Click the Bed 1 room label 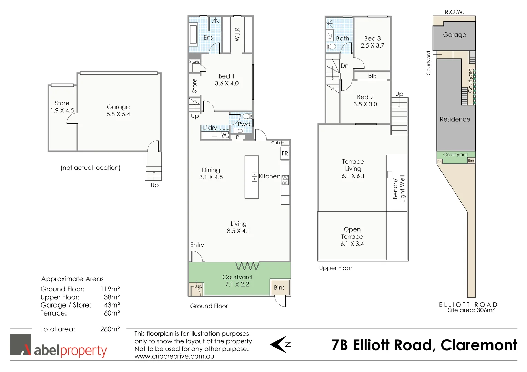[x=226, y=76]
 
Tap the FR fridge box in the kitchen [x=285, y=153]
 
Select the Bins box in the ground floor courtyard [x=279, y=287]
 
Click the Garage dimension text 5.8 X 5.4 [x=118, y=114]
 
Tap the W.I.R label [x=237, y=34]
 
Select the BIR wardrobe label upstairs [x=372, y=76]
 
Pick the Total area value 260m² [x=110, y=329]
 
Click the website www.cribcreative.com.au [x=174, y=356]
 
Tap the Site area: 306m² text [x=471, y=310]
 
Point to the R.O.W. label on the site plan [x=454, y=12]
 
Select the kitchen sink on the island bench [x=254, y=177]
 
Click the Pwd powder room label [x=244, y=124]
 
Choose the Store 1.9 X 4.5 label [x=62, y=107]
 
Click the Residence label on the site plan [x=455, y=120]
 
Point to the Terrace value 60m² [x=112, y=313]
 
